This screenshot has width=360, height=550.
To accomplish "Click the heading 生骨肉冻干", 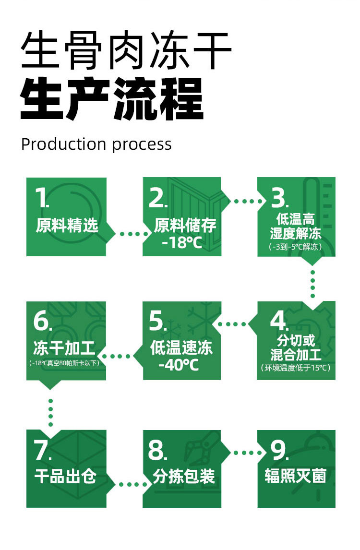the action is (x=126, y=51).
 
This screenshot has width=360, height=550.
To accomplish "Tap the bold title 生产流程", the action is (x=112, y=100).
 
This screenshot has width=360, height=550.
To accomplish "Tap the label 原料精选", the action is (x=67, y=225).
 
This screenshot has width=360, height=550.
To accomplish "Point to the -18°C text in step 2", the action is (x=182, y=242).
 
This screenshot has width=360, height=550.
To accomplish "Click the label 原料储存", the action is (x=185, y=225).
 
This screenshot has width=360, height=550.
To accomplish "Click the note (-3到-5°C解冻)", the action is (x=296, y=247).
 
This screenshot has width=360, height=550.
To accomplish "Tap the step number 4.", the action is (x=278, y=321).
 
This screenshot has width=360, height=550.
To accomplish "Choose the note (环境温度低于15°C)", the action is (x=296, y=368).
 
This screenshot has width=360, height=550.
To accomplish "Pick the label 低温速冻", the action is (x=181, y=347).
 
